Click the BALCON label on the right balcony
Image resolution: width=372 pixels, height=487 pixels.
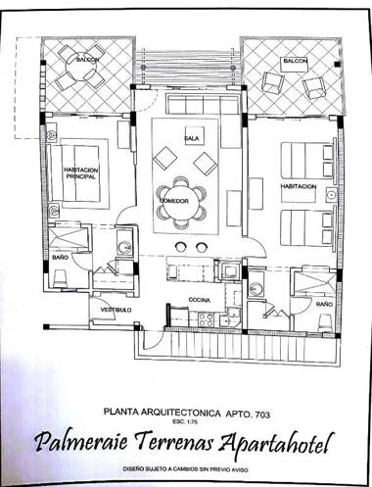click(295, 61)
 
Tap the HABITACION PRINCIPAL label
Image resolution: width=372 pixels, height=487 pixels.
click(82, 174)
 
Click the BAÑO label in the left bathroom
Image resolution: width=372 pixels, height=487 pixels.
click(60, 258)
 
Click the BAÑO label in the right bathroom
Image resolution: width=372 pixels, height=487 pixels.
click(324, 305)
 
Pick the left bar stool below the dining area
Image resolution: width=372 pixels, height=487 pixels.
click(179, 246)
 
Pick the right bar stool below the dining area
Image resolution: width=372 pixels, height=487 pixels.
click(202, 246)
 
